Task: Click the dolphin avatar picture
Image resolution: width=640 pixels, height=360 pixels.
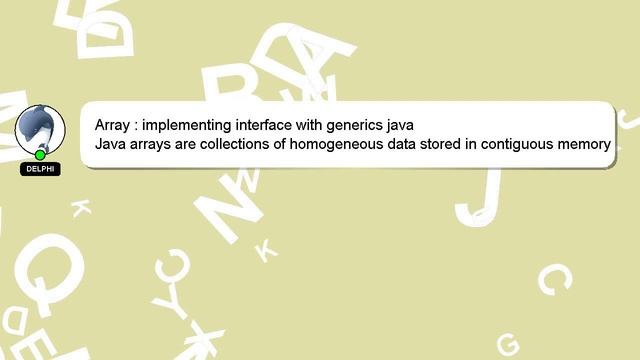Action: click(x=41, y=128)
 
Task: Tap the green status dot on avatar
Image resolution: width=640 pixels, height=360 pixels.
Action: click(x=40, y=154)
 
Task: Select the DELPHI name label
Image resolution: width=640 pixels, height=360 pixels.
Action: click(x=41, y=169)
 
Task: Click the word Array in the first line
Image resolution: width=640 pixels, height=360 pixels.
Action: click(x=114, y=126)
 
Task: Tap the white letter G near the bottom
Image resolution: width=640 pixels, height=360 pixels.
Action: click(x=508, y=344)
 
